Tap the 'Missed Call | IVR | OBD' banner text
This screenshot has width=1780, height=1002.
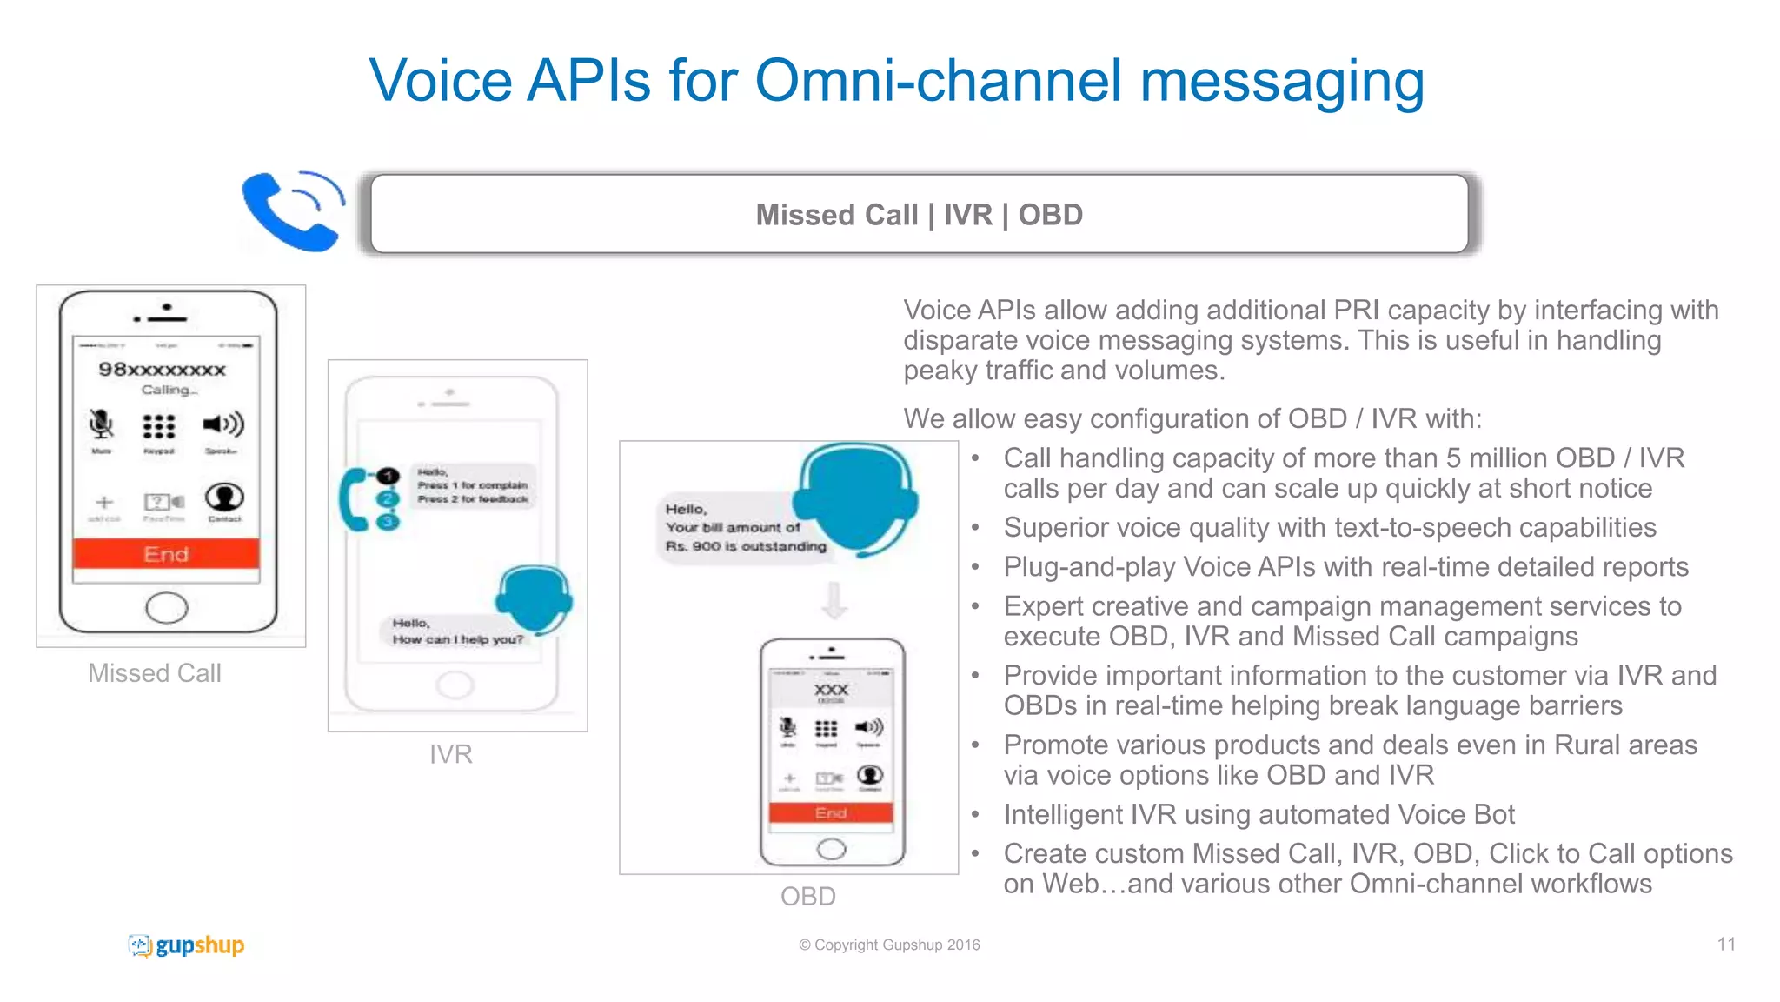pyautogui.click(x=919, y=215)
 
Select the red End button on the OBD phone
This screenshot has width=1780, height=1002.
pyautogui.click(x=831, y=812)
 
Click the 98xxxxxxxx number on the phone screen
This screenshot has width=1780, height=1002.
pyautogui.click(x=163, y=370)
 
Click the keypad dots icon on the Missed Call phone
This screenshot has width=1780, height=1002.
pyautogui.click(x=159, y=426)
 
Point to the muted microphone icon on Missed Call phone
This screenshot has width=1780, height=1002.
pyautogui.click(x=102, y=424)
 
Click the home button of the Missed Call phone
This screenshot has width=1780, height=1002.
pyautogui.click(x=167, y=607)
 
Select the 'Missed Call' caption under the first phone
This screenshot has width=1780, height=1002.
pyautogui.click(x=155, y=673)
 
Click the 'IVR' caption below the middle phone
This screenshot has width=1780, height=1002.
pyautogui.click(x=451, y=754)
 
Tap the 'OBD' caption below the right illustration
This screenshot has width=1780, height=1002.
pyautogui.click(x=807, y=896)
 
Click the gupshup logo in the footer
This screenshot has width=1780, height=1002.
pyautogui.click(x=187, y=945)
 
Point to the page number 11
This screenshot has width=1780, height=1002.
pyautogui.click(x=1726, y=945)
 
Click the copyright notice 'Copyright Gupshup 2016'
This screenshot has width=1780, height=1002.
pyautogui.click(x=889, y=945)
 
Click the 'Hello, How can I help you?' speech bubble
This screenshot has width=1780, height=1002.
pyautogui.click(x=457, y=631)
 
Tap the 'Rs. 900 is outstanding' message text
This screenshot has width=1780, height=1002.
pyautogui.click(x=746, y=546)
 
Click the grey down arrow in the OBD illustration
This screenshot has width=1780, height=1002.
pyautogui.click(x=834, y=600)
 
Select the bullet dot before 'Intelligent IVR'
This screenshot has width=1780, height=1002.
pyautogui.click(x=975, y=815)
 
